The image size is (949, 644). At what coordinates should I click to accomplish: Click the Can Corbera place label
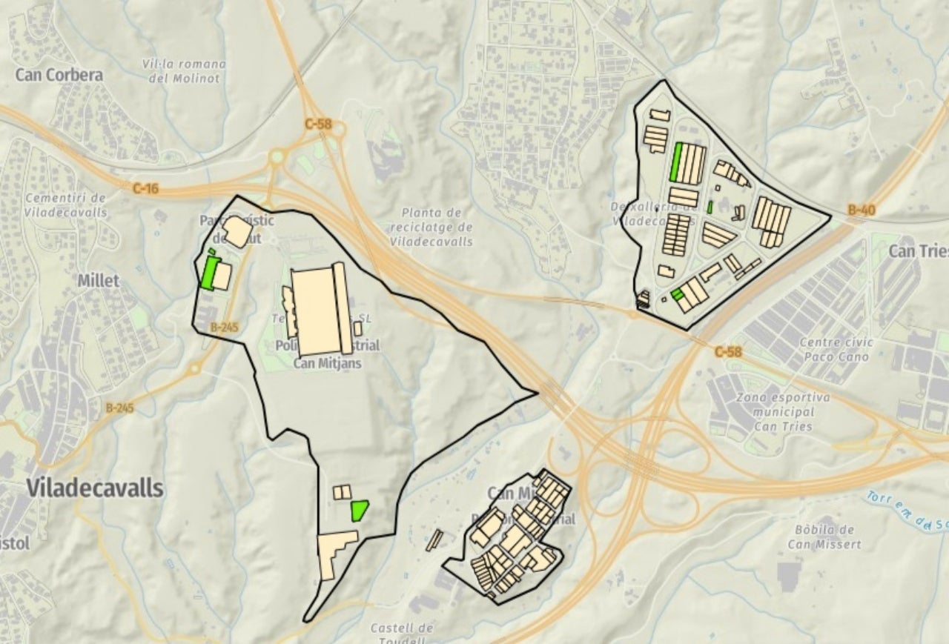(59, 75)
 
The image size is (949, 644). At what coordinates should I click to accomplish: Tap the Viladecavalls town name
(95, 488)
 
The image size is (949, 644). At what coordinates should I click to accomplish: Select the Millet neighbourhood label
(99, 281)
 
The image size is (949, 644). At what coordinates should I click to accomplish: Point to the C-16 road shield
(145, 189)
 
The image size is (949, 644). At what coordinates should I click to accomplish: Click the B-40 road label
(862, 210)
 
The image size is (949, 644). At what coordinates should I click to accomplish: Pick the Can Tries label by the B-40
(919, 251)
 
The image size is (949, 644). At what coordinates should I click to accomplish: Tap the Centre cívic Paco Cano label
(836, 350)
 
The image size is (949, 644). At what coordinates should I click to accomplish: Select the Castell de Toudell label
(401, 634)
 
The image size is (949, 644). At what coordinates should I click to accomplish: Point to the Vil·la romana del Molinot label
(184, 71)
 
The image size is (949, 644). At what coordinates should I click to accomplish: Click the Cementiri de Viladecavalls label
(66, 205)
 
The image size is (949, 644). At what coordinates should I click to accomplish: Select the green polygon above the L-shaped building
(360, 510)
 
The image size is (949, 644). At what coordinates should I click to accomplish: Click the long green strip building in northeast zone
(676, 162)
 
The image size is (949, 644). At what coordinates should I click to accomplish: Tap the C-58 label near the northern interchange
(318, 124)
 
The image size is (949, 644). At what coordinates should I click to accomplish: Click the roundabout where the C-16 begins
(278, 157)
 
